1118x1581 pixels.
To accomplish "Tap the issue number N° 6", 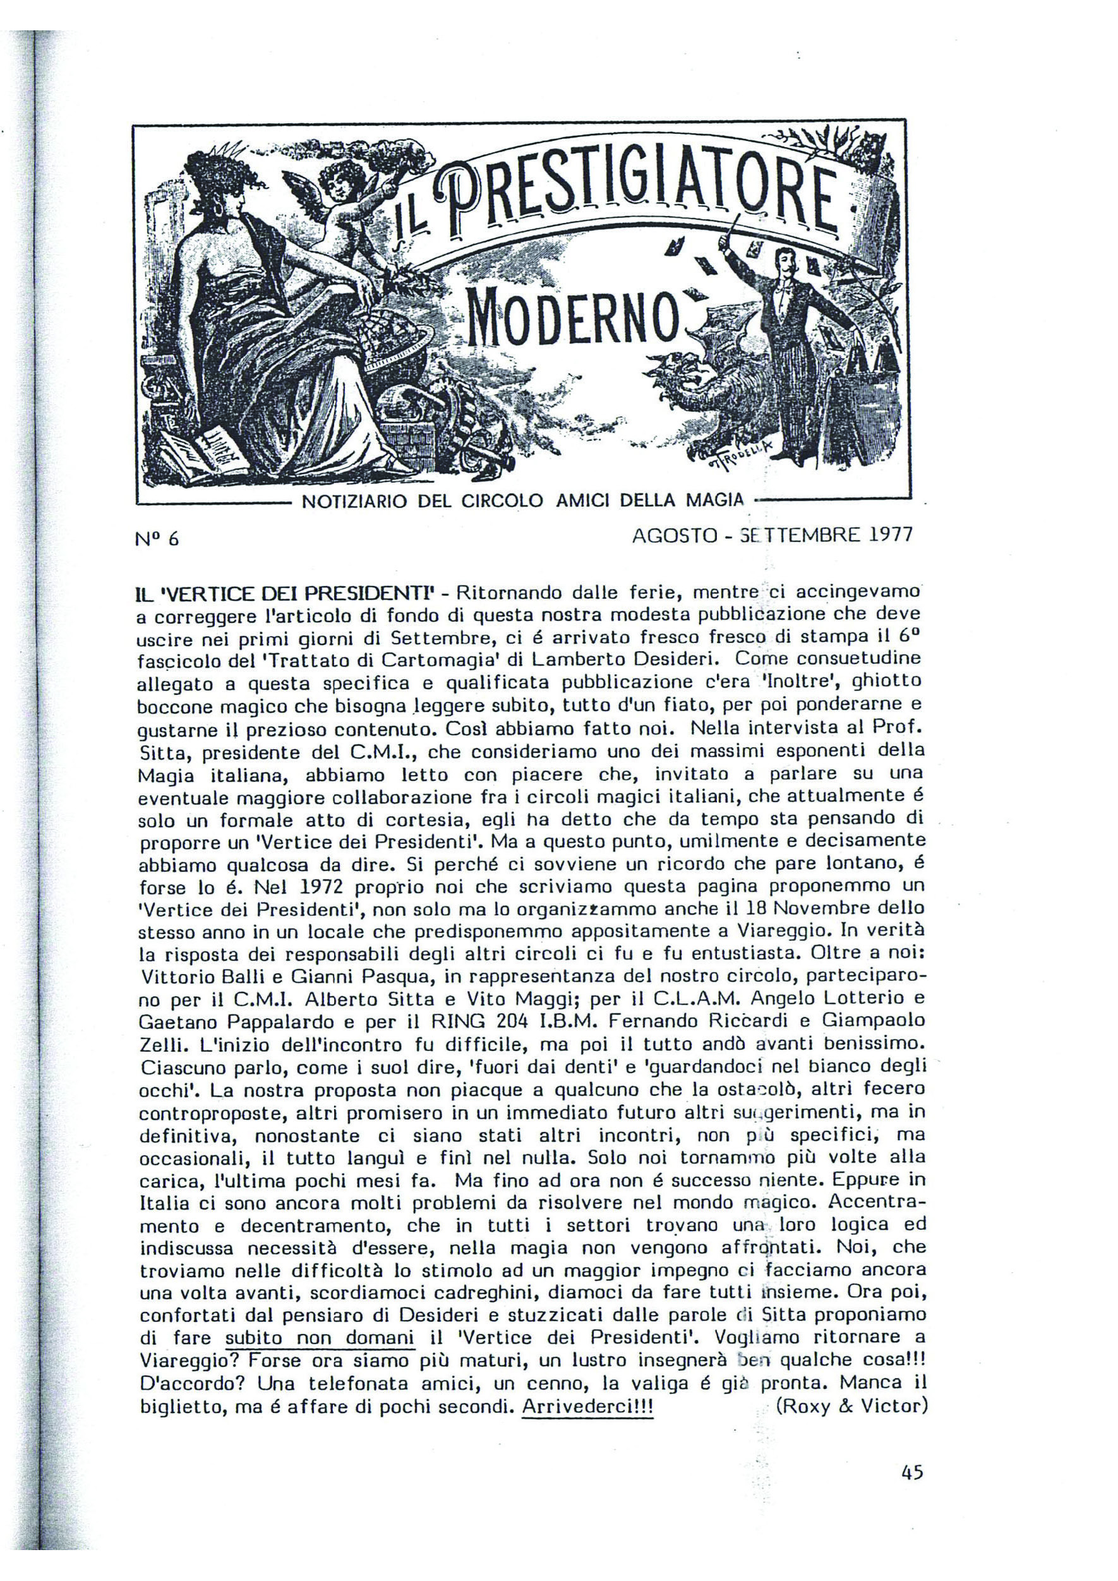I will click(157, 539).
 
